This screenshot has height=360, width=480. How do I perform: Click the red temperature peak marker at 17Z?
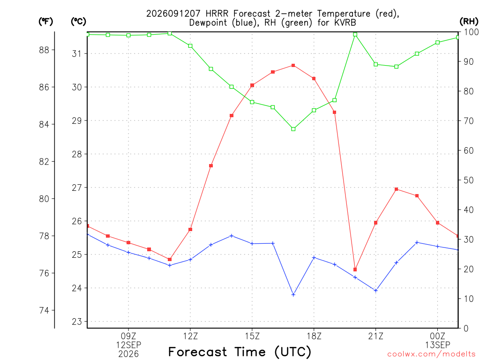[293, 65]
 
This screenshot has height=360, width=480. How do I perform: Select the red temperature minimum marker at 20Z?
[355, 270]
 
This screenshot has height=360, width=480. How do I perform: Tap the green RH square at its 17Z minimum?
[293, 129]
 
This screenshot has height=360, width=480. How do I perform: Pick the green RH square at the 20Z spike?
[355, 35]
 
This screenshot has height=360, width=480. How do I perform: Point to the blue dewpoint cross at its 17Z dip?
[293, 295]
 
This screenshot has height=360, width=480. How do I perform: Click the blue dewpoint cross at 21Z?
[376, 291]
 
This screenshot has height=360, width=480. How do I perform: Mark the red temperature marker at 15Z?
[252, 85]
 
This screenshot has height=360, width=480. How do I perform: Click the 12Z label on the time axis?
[190, 337]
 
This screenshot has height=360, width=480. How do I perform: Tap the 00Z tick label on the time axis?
[438, 337]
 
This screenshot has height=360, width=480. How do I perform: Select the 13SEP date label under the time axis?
[438, 345]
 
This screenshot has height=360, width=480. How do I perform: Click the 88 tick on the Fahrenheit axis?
[44, 50]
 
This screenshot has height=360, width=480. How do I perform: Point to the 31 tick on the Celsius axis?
[77, 54]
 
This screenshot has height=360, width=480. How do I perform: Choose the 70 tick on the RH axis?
[469, 121]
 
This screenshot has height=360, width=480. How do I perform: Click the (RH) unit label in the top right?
[469, 22]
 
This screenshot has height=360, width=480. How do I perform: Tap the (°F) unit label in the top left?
[45, 22]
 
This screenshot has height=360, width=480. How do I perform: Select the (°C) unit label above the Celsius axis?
[78, 22]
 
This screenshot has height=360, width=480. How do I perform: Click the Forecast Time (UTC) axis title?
[240, 352]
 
